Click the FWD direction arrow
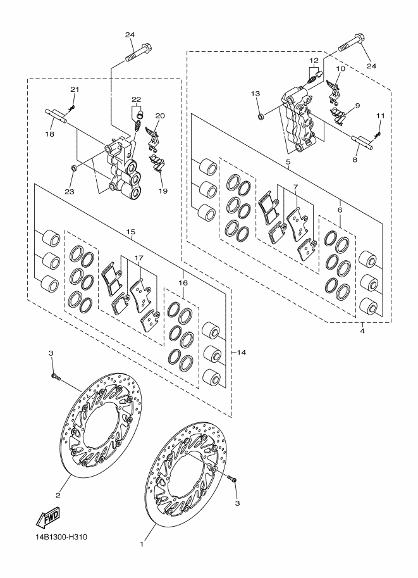[47, 518]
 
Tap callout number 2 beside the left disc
[58, 495]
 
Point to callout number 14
[241, 353]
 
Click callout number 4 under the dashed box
[362, 331]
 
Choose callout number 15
[130, 232]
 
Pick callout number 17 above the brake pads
[139, 258]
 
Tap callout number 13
[255, 94]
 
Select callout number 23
[70, 191]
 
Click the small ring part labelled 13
[261, 117]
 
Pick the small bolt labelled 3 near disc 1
[231, 479]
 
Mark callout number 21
[75, 89]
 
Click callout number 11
[381, 116]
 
